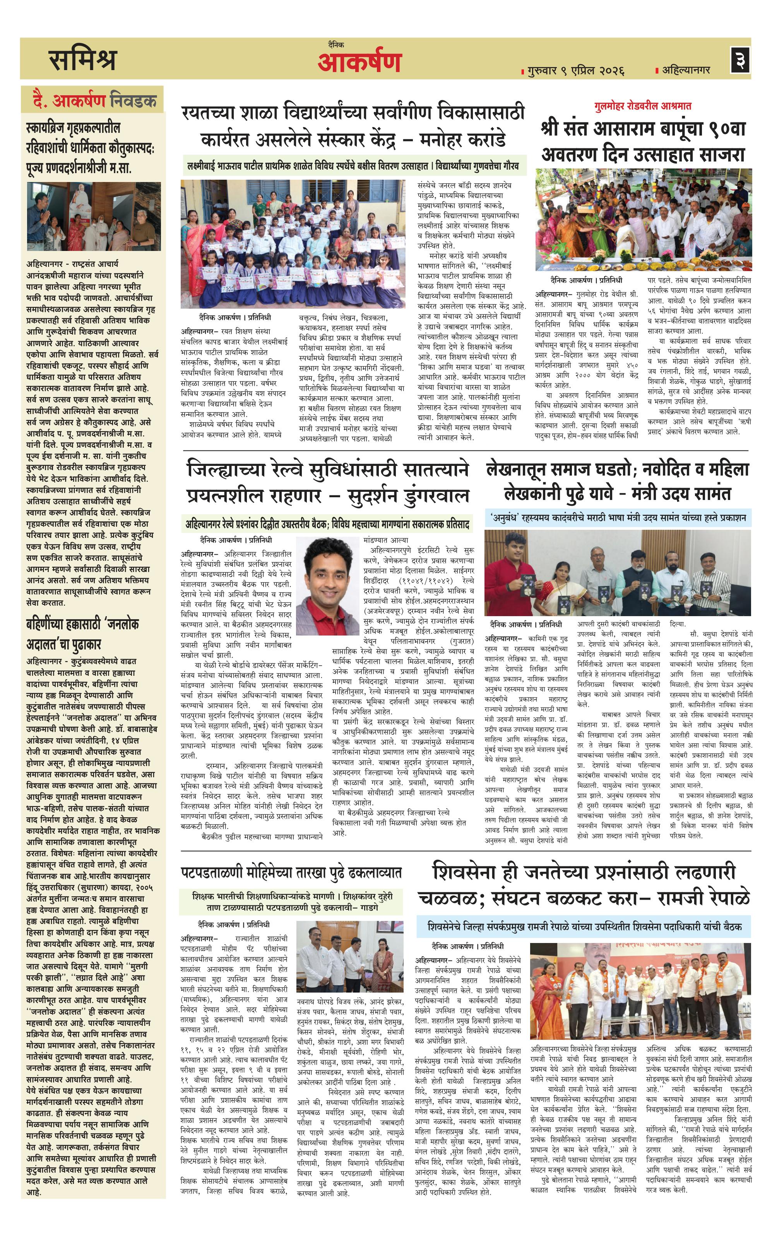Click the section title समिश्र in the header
pyautogui.click(x=83, y=60)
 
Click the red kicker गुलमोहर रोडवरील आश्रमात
pyautogui.click(x=643, y=106)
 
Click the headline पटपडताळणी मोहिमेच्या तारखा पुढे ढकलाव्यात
pyautogui.click(x=291, y=873)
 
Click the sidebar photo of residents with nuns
pyautogui.click(x=94, y=216)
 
